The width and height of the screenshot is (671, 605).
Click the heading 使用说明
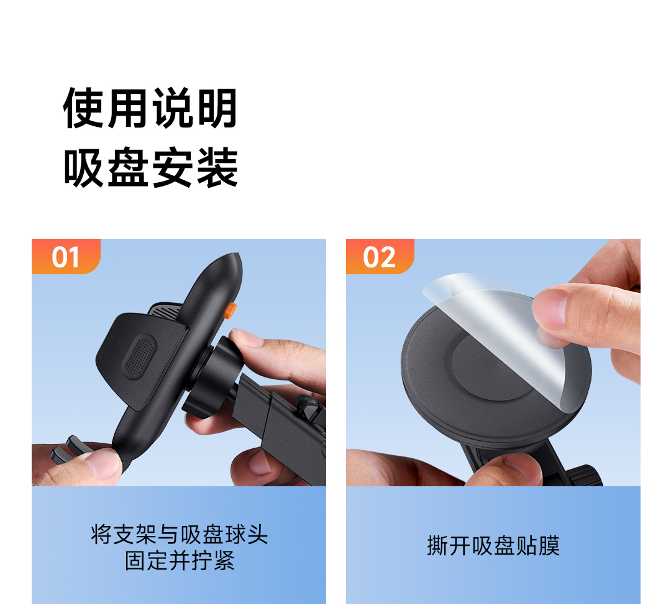150,108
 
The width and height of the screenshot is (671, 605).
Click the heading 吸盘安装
150,167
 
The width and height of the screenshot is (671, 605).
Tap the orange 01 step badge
66,256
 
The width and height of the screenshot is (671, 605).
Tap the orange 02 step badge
380,256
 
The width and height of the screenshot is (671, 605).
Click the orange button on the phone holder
231,310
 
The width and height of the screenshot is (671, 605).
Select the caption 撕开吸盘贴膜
493,545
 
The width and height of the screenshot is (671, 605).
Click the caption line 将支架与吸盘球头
180,534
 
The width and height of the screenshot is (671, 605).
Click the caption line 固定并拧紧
180,560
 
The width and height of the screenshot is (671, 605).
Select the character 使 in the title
84,108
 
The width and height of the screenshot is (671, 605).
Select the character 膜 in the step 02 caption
549,545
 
